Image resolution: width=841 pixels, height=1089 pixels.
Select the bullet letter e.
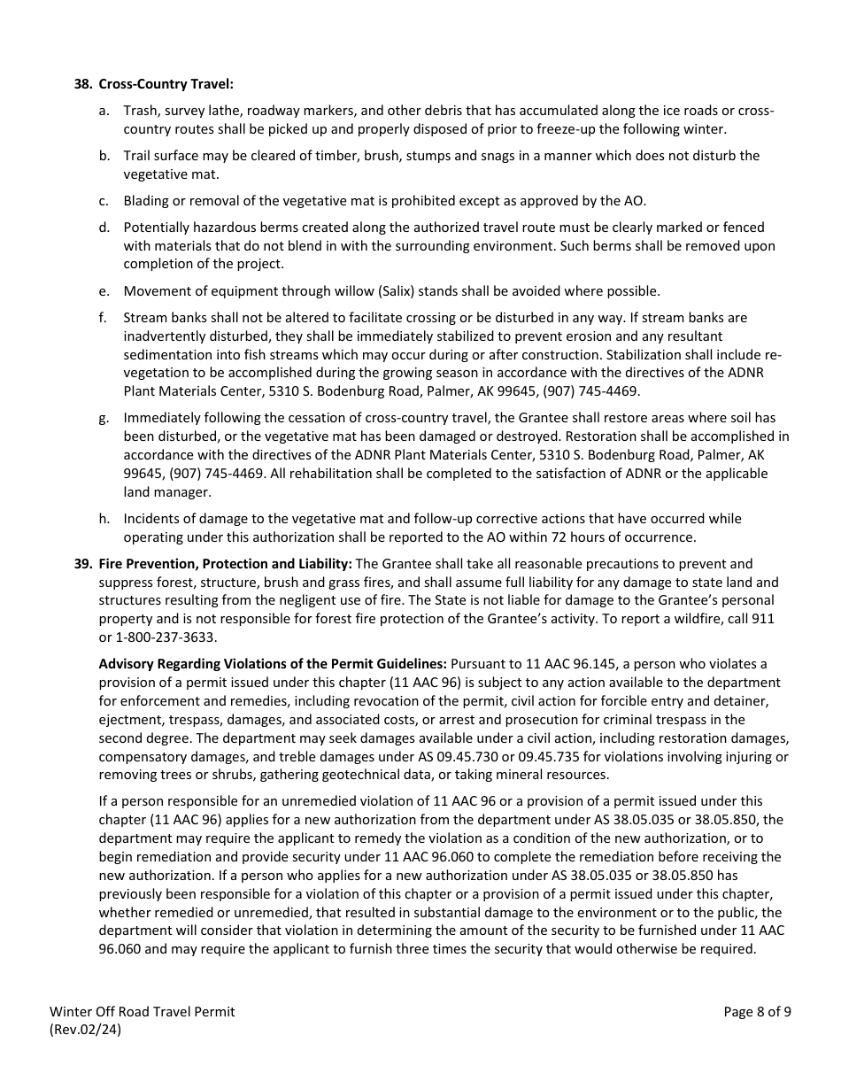104,290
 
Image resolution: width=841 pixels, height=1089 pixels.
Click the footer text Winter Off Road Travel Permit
143,1012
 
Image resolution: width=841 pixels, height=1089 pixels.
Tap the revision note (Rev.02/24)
86,1030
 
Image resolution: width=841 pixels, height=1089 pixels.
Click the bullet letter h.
104,518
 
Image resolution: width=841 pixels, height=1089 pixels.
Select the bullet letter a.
104,111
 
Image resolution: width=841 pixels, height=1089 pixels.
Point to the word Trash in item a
139,111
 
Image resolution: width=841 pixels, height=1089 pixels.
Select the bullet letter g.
104,417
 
